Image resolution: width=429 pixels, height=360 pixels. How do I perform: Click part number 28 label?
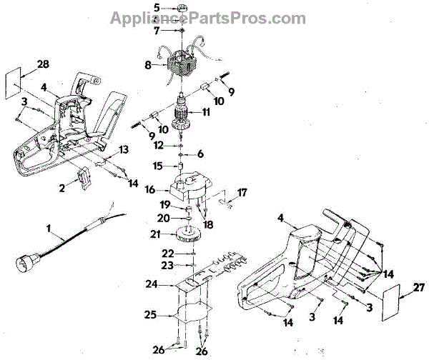44,65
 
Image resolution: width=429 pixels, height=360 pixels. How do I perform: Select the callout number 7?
158,31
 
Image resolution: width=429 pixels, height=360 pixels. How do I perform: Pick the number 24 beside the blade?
151,284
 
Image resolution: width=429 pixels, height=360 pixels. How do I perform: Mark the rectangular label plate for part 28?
15,82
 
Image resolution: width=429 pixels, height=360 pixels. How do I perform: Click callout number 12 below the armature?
159,145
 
